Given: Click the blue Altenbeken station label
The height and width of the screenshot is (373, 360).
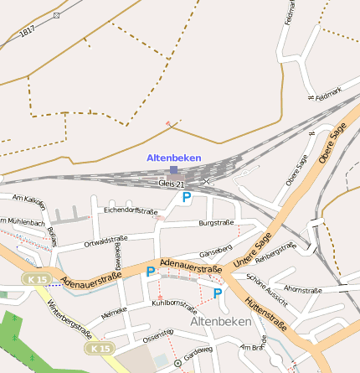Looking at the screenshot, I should (x=173, y=158).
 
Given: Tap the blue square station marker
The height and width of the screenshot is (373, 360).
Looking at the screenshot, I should (x=173, y=169).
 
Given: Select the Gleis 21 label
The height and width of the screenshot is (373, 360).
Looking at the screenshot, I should (x=170, y=183).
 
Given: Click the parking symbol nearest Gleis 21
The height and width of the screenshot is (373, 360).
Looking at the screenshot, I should (x=187, y=198).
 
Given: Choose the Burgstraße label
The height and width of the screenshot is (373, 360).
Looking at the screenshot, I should (x=215, y=223).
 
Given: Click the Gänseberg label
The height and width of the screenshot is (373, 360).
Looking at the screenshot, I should (x=216, y=252).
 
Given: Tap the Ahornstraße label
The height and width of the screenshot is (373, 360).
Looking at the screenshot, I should (x=303, y=290).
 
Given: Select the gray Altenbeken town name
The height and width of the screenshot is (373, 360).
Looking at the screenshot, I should (x=221, y=322).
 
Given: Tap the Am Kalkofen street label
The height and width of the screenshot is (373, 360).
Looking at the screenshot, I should (x=29, y=202).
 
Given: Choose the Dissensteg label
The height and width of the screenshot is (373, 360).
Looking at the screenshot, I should (x=157, y=336).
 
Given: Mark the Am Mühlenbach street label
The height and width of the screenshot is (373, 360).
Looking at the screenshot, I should (x=23, y=223).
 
